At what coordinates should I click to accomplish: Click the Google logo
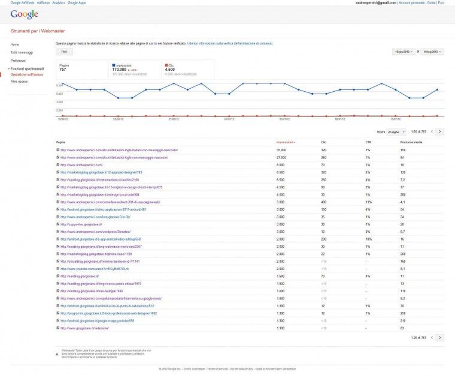25,14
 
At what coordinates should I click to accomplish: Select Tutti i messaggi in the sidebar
22,52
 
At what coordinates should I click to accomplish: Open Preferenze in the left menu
18,61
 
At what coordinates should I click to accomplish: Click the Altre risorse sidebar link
19,81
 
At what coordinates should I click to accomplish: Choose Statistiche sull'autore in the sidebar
27,74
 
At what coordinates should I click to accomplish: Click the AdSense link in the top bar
43,2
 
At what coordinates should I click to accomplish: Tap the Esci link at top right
441,2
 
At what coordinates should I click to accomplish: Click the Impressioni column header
285,142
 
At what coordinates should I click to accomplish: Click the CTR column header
368,142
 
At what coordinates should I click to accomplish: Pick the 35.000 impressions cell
281,150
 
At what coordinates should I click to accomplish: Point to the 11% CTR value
369,202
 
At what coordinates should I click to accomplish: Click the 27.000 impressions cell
281,157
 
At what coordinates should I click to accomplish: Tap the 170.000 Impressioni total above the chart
123,70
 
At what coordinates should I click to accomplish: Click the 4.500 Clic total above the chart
169,70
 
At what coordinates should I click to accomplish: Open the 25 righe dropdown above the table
393,131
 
